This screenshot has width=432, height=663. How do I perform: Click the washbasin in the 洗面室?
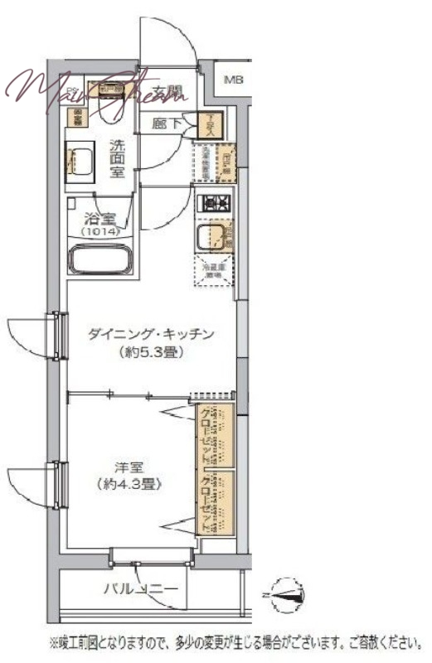81,161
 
